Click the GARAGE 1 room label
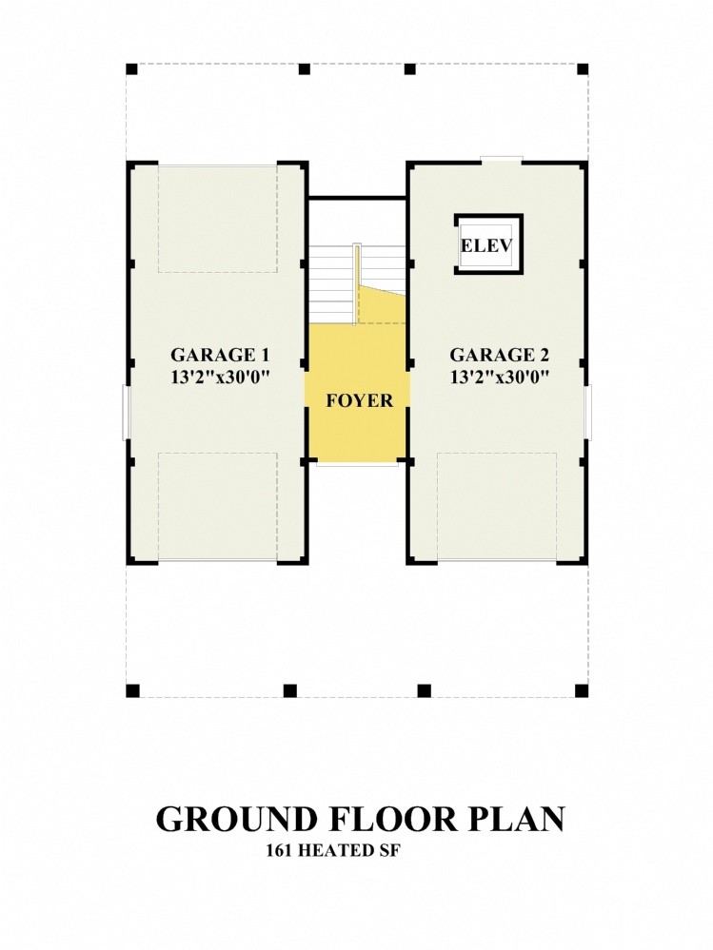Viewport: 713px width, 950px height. (x=220, y=355)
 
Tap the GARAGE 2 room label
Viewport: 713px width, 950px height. (x=500, y=355)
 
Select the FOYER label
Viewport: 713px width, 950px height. (x=360, y=400)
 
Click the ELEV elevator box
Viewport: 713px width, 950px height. (x=488, y=244)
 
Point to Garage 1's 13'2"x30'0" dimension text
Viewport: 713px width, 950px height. (x=220, y=377)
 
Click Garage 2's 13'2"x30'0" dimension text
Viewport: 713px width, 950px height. (x=500, y=377)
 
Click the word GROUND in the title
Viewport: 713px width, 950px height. (x=237, y=819)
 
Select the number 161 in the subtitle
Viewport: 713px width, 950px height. (x=280, y=851)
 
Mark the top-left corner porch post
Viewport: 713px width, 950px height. (x=132, y=69)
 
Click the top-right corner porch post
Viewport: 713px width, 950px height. (x=582, y=69)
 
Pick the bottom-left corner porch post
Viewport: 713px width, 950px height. (x=132, y=690)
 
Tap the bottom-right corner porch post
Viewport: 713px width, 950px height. (x=582, y=690)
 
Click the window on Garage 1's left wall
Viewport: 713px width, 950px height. (x=126, y=412)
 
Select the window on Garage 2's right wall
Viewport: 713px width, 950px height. (x=588, y=412)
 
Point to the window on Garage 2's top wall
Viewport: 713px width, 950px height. (x=502, y=160)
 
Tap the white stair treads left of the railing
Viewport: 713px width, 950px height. (x=332, y=284)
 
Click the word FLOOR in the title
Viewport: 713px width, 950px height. (x=394, y=819)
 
